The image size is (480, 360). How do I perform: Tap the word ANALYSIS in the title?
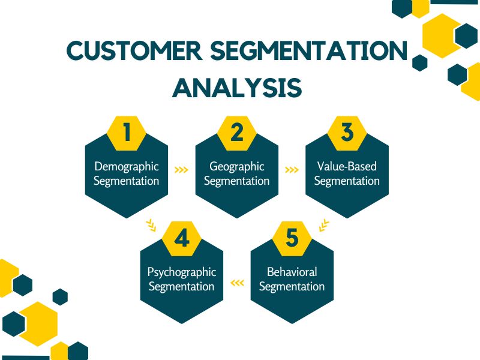(x=237, y=88)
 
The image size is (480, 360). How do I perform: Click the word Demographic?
(x=127, y=166)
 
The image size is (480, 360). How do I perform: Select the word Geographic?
(x=237, y=166)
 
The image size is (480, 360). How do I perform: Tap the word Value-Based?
(x=347, y=166)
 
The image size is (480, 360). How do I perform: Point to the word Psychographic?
(x=182, y=272)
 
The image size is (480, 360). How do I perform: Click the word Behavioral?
(x=292, y=272)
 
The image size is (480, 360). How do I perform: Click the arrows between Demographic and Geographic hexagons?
(x=181, y=170)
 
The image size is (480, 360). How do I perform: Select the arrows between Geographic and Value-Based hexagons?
(x=292, y=170)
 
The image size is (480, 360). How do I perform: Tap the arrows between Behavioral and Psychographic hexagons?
(x=237, y=283)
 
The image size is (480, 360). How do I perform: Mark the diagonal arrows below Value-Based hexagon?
(x=324, y=226)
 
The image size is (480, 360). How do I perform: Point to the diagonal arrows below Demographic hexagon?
(x=151, y=226)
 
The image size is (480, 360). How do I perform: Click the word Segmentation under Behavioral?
(x=292, y=286)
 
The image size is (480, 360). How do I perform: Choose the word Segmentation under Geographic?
(x=237, y=181)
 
